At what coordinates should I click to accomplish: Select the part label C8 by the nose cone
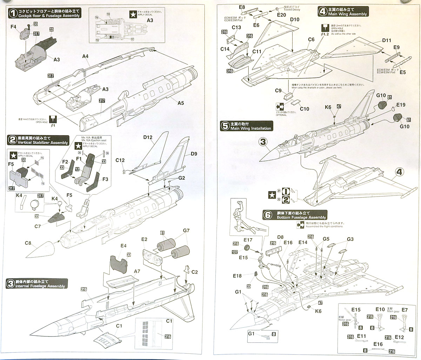tap(28, 243)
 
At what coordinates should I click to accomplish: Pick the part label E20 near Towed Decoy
tap(281, 15)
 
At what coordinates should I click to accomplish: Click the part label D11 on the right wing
tap(387, 40)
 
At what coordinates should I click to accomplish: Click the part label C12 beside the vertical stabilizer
tap(120, 160)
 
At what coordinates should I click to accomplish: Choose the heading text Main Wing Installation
tap(250, 128)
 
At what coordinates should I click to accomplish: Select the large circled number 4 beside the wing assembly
tap(399, 172)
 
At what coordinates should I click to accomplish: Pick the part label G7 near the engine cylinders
tap(186, 231)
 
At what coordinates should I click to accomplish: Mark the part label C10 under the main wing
tap(305, 109)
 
